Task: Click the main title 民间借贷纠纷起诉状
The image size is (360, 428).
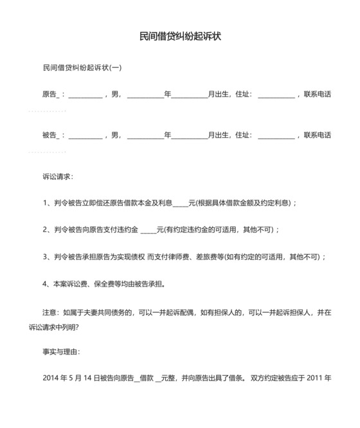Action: (180, 37)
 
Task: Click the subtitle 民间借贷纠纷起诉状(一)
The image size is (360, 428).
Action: (82, 67)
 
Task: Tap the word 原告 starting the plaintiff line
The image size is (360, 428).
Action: (50, 95)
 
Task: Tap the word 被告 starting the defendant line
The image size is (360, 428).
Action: (50, 135)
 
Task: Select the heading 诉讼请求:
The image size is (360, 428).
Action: (58, 176)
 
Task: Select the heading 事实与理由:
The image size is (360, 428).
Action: (61, 352)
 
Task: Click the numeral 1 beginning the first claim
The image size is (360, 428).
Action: (45, 203)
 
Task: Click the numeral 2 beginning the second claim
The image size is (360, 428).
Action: (45, 230)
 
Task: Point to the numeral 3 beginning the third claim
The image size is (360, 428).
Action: (45, 257)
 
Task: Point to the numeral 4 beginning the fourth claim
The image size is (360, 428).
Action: (45, 284)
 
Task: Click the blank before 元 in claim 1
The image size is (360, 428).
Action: (181, 203)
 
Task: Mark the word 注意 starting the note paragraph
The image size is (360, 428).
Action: (50, 313)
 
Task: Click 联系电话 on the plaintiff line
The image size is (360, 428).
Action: (318, 95)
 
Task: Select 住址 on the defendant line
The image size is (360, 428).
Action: (242, 135)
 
